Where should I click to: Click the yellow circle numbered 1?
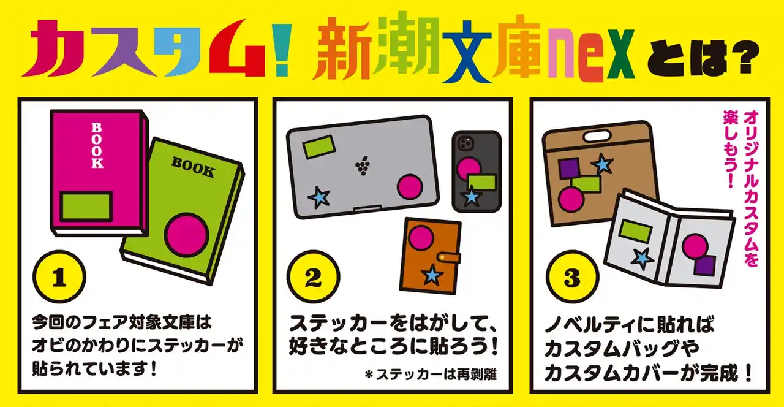click(x=59, y=276)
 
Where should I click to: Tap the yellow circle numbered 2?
click(x=313, y=276)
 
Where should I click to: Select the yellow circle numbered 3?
click(x=572, y=276)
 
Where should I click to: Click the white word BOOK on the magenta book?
click(x=97, y=145)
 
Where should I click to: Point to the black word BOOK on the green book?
click(x=193, y=167)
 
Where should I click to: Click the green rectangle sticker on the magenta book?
click(x=86, y=207)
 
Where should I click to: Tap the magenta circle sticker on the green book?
click(x=187, y=235)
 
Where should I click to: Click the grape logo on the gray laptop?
click(x=363, y=165)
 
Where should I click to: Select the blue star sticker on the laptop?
click(x=319, y=197)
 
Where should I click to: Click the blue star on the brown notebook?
click(x=432, y=275)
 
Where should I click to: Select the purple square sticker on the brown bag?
click(x=568, y=169)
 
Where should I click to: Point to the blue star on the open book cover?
click(x=643, y=259)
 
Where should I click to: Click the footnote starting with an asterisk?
click(x=430, y=375)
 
